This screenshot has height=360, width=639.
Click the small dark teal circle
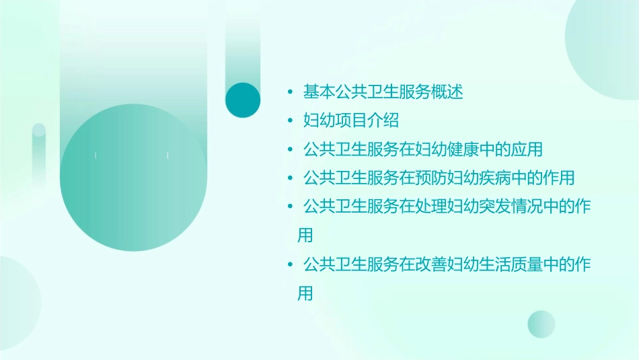pos(243,100)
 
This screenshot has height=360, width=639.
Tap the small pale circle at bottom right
pos(541,324)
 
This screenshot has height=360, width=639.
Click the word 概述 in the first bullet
pos(448,92)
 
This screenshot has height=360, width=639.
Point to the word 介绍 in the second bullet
pos(384,120)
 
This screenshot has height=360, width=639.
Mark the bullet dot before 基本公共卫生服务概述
pos(290,92)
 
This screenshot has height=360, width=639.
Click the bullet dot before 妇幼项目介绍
pos(290,120)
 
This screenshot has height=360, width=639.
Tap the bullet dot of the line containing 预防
pos(290,178)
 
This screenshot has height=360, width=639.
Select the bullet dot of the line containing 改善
pos(290,264)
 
